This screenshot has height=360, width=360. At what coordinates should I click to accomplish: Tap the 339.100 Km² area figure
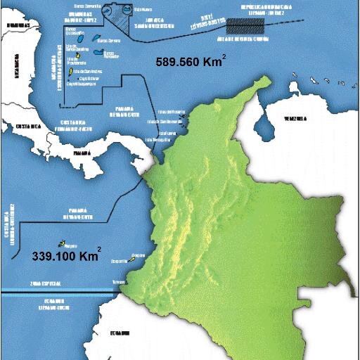click(x=66, y=257)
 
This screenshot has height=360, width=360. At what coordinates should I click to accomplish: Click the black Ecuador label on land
click(x=120, y=332)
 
